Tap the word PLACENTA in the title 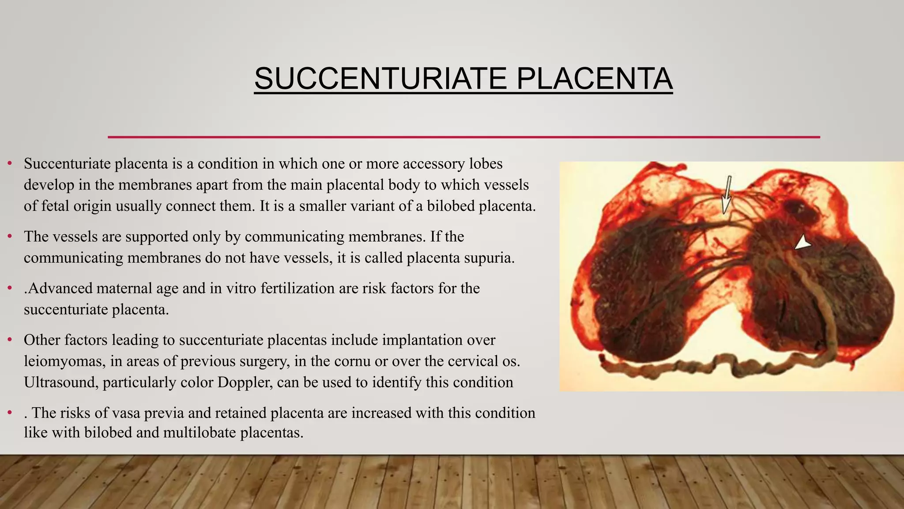594,79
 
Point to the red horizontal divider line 463,137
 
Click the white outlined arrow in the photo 726,195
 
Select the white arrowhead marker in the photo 803,243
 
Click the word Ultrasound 60,382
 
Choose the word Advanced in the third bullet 60,288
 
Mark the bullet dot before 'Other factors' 10,340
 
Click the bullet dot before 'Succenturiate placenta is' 10,164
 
